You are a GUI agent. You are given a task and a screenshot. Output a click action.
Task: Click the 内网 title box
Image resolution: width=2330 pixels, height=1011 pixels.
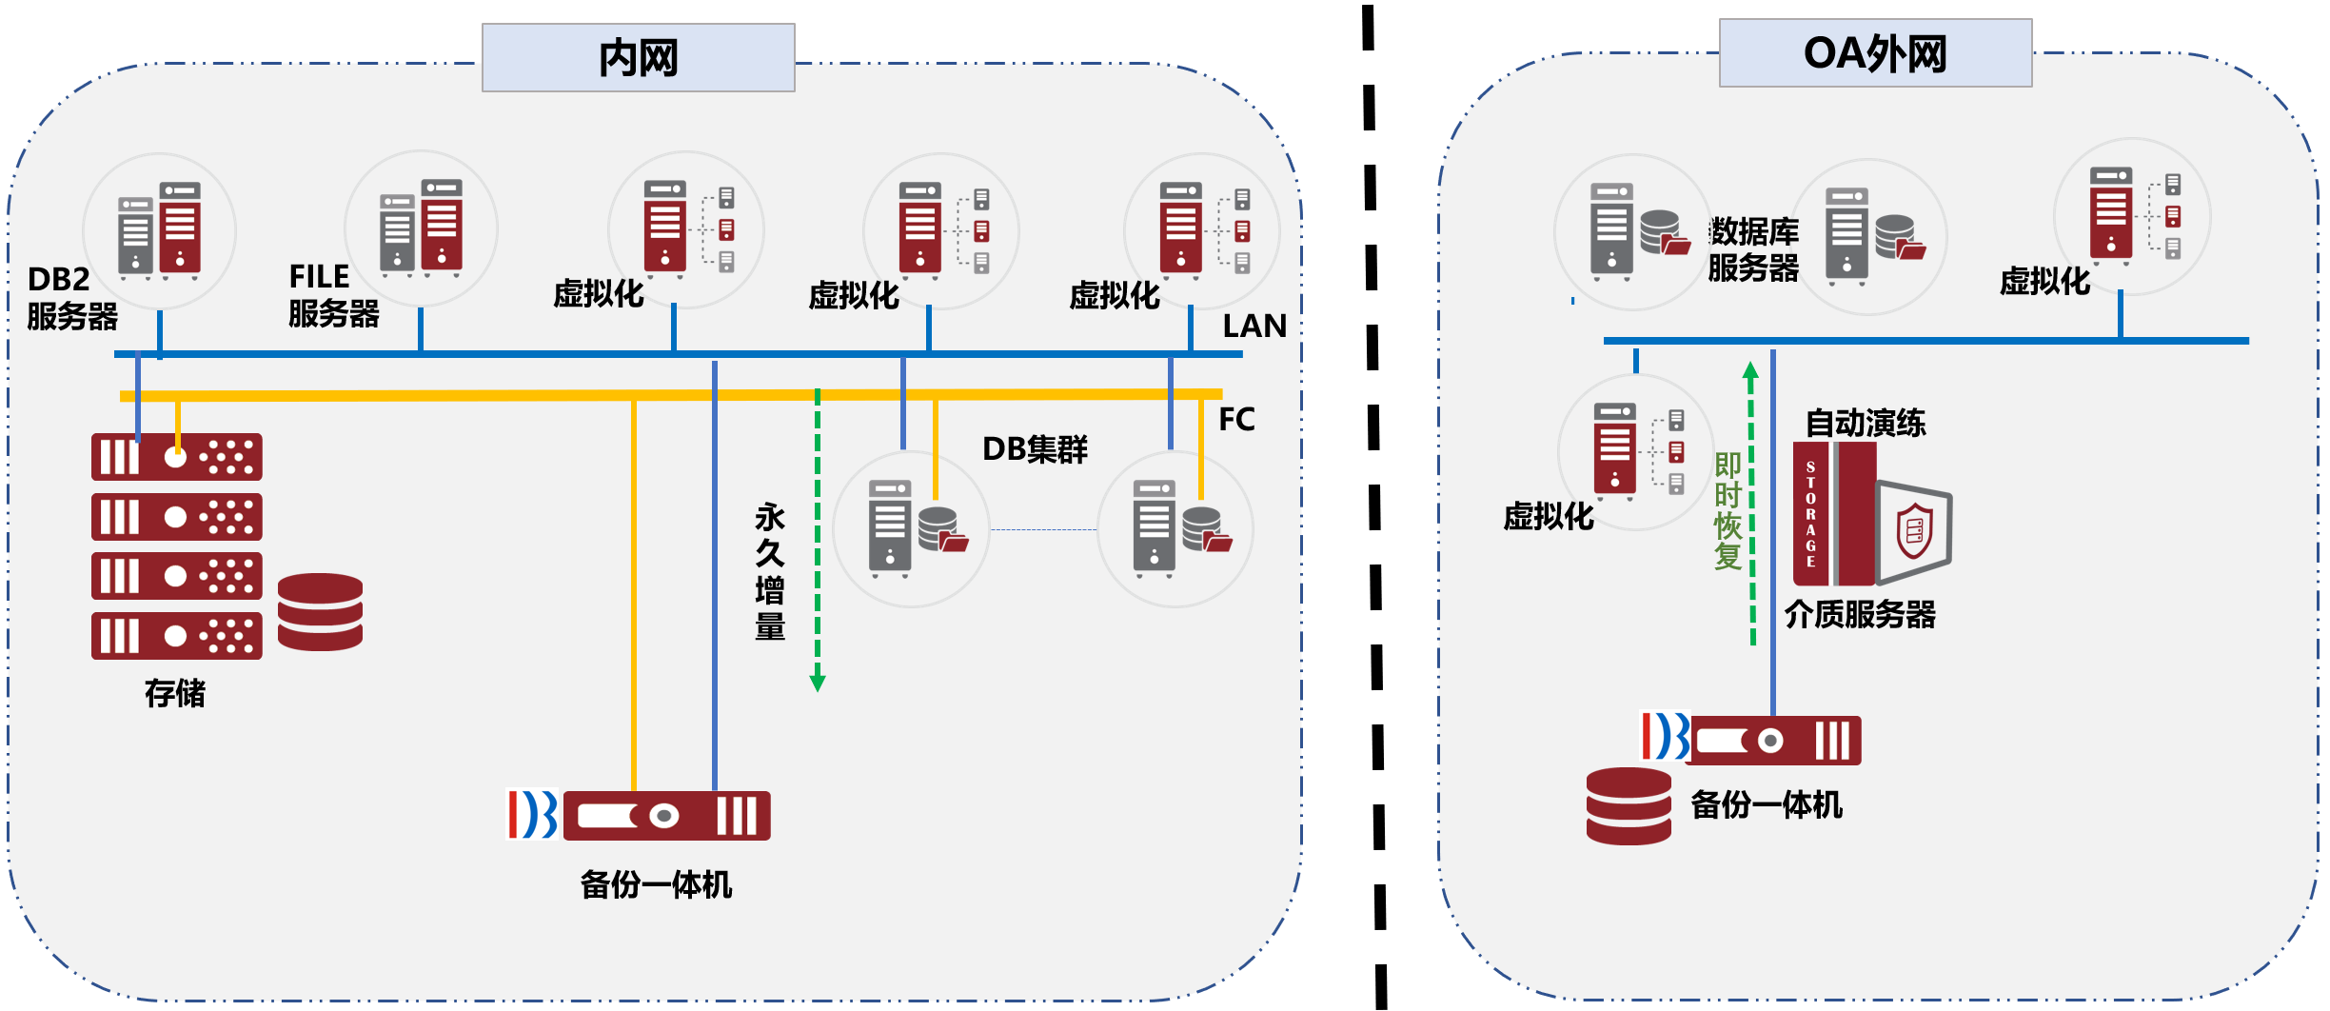click(x=638, y=58)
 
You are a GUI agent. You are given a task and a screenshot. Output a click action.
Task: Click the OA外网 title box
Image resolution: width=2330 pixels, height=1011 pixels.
click(x=1875, y=53)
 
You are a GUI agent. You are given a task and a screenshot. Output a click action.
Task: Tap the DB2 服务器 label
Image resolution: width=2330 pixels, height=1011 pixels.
click(x=71, y=298)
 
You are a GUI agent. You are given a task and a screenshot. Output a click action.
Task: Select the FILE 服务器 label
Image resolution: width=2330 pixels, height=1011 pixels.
click(x=333, y=295)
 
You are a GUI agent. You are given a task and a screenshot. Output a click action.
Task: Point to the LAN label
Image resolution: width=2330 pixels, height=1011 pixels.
click(x=1254, y=327)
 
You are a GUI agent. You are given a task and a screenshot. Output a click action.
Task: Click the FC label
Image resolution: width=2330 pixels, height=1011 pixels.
click(x=1236, y=420)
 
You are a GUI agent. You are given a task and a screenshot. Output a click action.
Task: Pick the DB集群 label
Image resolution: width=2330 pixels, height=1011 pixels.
click(x=1035, y=449)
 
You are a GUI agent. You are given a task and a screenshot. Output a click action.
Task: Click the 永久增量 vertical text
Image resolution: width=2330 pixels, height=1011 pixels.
click(x=770, y=571)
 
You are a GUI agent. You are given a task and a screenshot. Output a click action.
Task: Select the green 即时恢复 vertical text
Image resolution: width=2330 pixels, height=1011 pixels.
click(x=1728, y=511)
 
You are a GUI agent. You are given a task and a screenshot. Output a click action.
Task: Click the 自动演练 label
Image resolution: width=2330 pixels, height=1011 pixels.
click(x=1866, y=423)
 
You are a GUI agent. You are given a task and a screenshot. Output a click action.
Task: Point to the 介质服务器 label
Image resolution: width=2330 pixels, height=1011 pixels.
click(x=1860, y=615)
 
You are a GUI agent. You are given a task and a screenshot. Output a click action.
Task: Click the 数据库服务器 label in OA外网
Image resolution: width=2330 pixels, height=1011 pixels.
click(x=1753, y=249)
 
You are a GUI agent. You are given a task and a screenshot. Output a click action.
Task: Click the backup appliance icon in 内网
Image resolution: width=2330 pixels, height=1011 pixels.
click(x=665, y=816)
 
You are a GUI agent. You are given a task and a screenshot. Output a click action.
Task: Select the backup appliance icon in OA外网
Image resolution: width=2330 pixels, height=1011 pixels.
click(x=1772, y=741)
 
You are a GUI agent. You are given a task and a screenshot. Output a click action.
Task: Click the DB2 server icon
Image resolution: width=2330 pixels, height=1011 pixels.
click(x=159, y=230)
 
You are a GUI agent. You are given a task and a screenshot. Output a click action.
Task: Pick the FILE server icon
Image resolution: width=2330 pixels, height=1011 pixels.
click(x=421, y=228)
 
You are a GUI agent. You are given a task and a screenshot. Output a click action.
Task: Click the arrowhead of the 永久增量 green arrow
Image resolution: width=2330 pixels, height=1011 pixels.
click(x=817, y=683)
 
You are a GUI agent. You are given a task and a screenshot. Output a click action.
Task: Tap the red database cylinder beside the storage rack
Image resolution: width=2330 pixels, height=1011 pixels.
click(x=320, y=612)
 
